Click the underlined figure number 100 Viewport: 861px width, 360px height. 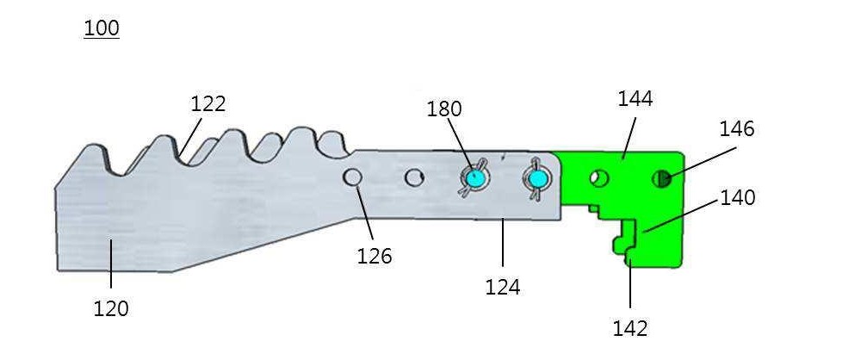pyautogui.click(x=102, y=28)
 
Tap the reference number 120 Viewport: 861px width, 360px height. pyautogui.click(x=111, y=309)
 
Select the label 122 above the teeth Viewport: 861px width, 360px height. pyautogui.click(x=208, y=104)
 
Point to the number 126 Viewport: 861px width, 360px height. pyautogui.click(x=375, y=256)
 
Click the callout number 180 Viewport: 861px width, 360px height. pyautogui.click(x=444, y=109)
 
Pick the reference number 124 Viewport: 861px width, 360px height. pyautogui.click(x=503, y=287)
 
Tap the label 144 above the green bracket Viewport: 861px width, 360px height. pyautogui.click(x=635, y=99)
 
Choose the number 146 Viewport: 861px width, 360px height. pyautogui.click(x=737, y=129)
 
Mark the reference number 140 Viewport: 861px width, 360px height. pyautogui.click(x=738, y=198)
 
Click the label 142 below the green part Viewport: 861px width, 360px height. pyautogui.click(x=630, y=329)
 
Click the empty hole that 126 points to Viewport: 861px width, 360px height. pyautogui.click(x=352, y=177)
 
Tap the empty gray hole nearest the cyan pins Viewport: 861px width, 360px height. pyautogui.click(x=415, y=177)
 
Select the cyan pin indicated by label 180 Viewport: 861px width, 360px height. pyautogui.click(x=474, y=178)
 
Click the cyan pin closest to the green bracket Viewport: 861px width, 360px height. pyautogui.click(x=536, y=178)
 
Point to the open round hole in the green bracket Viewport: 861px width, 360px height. pyautogui.click(x=599, y=178)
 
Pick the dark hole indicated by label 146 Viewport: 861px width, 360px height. pyautogui.click(x=662, y=178)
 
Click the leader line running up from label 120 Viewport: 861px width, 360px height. pyautogui.click(x=111, y=264)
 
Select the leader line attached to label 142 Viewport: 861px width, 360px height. pyautogui.click(x=630, y=284)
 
